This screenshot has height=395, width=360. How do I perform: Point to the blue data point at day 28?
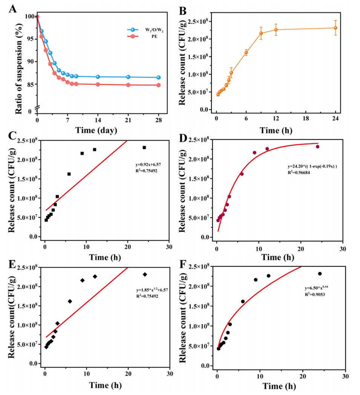pos(158,78)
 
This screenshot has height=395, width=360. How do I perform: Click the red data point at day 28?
pos(158,85)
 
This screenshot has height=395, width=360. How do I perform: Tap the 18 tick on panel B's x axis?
pos(305,118)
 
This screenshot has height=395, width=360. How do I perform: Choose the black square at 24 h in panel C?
pos(144,147)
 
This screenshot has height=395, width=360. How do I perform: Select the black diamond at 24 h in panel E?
pos(145,274)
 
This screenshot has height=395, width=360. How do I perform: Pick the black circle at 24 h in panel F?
pos(320,274)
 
